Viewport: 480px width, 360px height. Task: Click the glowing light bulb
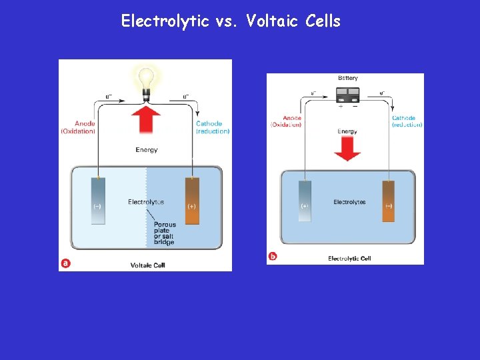[145, 81]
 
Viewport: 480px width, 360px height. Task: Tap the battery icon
[347, 95]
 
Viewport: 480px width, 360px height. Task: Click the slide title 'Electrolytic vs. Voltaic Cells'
[231, 21]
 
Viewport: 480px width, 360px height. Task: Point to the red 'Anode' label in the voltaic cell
[79, 127]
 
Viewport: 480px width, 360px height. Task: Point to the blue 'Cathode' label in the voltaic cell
[212, 127]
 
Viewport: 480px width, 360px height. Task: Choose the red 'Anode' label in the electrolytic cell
[286, 121]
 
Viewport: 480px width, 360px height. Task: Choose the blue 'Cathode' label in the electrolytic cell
[406, 121]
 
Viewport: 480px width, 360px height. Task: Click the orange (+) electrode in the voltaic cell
[192, 201]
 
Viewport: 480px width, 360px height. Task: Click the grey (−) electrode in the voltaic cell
[98, 201]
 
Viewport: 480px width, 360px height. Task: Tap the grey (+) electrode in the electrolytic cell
[305, 201]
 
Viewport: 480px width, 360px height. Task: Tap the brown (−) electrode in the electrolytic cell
[388, 201]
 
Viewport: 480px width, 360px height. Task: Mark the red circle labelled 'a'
[65, 263]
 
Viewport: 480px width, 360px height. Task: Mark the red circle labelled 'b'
[272, 256]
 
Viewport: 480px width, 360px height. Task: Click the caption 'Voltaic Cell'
[147, 265]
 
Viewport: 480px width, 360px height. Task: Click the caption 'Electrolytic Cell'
[349, 259]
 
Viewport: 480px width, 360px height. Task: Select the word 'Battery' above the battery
[347, 79]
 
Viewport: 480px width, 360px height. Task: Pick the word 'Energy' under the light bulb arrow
[147, 150]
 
